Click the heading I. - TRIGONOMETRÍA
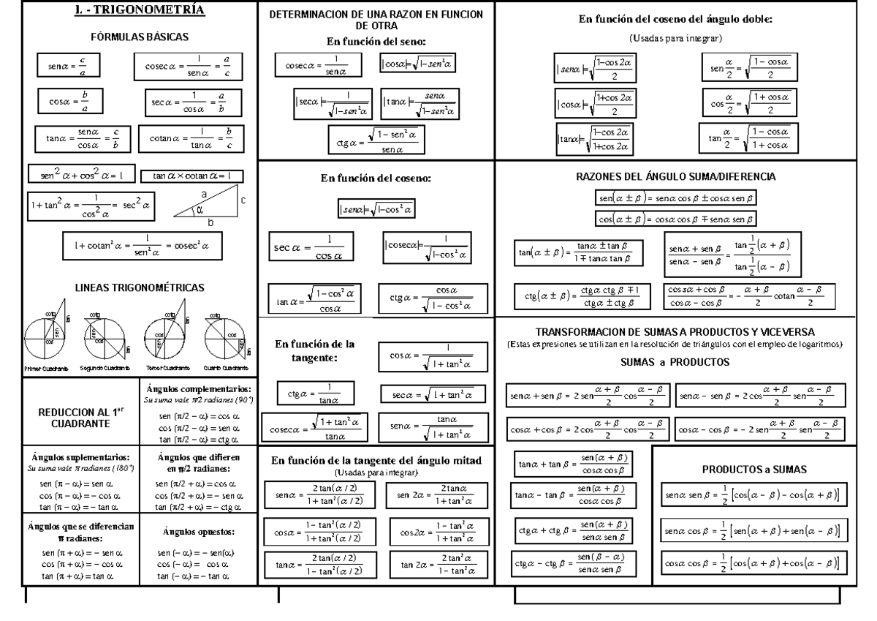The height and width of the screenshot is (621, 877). (139, 11)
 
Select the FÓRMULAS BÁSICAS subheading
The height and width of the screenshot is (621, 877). (139, 36)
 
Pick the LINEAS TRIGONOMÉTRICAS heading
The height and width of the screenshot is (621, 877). (139, 287)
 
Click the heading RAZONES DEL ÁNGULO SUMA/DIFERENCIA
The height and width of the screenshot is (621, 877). (675, 177)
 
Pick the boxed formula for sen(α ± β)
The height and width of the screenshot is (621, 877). (675, 197)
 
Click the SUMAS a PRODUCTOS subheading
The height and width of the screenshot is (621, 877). (675, 361)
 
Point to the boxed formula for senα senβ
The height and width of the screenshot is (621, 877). (753, 496)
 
